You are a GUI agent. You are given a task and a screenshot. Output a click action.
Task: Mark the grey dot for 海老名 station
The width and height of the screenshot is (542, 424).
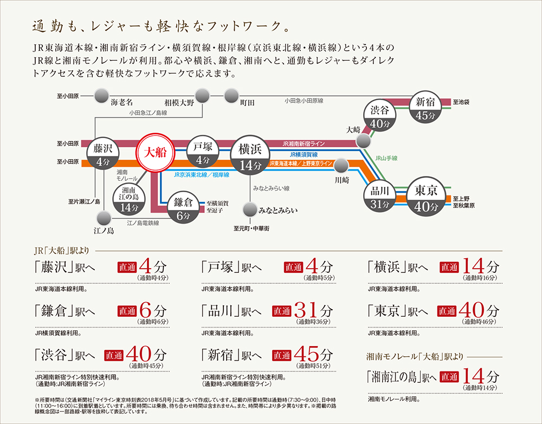click(101, 96)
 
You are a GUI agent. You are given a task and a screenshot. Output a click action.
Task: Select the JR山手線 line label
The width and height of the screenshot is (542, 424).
click(386, 158)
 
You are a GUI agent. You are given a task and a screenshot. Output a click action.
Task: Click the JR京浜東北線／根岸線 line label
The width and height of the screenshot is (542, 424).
click(202, 175)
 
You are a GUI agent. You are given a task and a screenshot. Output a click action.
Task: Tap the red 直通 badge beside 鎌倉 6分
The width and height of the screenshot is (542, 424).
click(126, 311)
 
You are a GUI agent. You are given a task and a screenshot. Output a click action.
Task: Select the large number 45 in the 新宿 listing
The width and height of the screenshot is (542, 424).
click(306, 354)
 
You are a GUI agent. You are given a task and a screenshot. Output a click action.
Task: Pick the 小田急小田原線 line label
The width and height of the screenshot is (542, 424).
click(304, 101)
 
